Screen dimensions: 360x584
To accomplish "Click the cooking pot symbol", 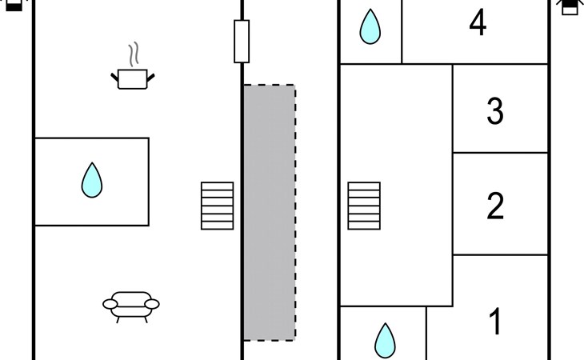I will tap(132, 78).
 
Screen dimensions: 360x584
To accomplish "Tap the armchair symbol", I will tap(131, 304).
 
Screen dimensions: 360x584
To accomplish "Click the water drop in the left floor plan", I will tap(92, 181).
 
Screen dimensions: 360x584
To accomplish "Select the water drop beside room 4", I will tap(370, 26).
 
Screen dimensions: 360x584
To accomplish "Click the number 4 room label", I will tap(478, 24).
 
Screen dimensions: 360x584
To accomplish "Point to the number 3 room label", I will tap(495, 111).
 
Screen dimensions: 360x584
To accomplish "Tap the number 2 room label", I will tap(495, 206).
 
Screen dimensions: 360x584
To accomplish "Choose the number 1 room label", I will tap(495, 322).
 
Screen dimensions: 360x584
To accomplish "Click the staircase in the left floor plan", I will tap(217, 206).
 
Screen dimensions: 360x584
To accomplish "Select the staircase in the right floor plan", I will tap(364, 206).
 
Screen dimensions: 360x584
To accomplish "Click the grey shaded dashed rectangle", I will tap(269, 212).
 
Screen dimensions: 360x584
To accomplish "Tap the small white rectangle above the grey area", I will tap(242, 41).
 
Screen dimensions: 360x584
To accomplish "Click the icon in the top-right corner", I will tap(569, 6).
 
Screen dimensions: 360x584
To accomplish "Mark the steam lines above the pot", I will tap(135, 54).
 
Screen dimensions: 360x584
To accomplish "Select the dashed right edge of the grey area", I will tap(295, 212).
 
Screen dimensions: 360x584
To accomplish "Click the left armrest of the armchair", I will tap(110, 303).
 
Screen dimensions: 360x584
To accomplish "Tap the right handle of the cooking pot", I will tap(150, 75).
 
